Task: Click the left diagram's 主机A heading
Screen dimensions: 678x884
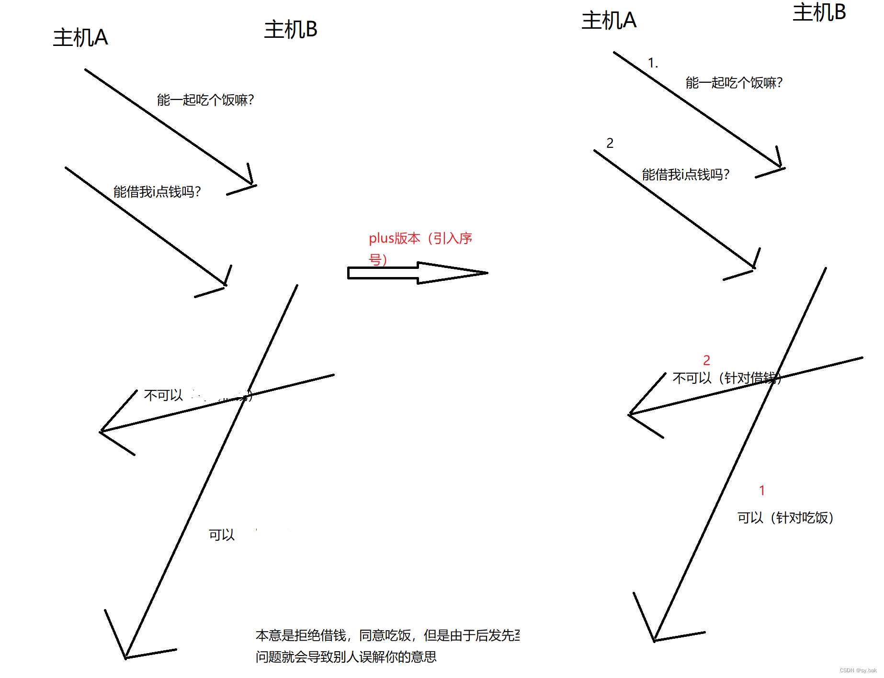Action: [80, 37]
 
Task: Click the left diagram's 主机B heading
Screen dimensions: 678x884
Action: [291, 29]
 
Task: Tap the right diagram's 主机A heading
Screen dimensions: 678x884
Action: [609, 21]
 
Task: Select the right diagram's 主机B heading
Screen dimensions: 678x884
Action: [819, 12]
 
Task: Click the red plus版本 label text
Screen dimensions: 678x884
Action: [420, 238]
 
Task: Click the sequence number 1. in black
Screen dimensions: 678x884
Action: [653, 63]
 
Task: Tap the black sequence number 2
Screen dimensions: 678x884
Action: [610, 143]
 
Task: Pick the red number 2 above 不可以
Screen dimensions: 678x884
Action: [706, 360]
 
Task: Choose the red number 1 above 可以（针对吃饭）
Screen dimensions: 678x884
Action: [762, 490]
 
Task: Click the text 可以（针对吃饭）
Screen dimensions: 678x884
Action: [785, 518]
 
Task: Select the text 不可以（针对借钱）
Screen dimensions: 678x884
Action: [726, 378]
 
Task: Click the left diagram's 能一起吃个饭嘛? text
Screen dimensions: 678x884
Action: [205, 100]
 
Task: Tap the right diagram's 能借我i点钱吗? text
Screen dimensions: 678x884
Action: [686, 175]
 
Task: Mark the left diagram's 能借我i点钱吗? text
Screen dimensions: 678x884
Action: [157, 192]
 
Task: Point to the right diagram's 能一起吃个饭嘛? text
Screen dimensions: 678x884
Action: [734, 83]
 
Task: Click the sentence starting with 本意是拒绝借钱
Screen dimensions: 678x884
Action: [387, 635]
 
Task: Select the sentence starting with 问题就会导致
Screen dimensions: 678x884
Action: [346, 657]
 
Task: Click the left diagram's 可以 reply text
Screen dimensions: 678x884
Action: [222, 535]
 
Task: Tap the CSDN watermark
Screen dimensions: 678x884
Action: [858, 670]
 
